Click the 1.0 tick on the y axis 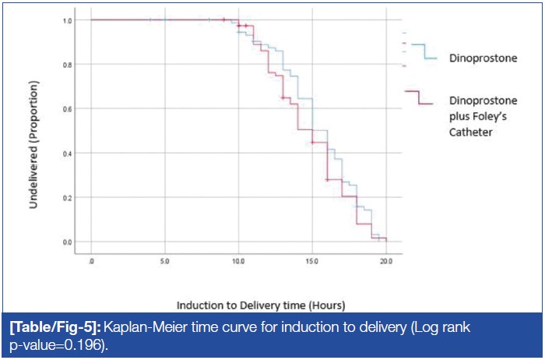point(69,20)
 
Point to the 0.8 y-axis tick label point(69,65)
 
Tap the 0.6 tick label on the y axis point(69,109)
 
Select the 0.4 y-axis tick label point(69,154)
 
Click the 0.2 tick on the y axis point(69,198)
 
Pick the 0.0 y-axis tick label point(69,242)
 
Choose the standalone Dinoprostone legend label point(483,58)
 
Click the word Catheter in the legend point(474,132)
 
